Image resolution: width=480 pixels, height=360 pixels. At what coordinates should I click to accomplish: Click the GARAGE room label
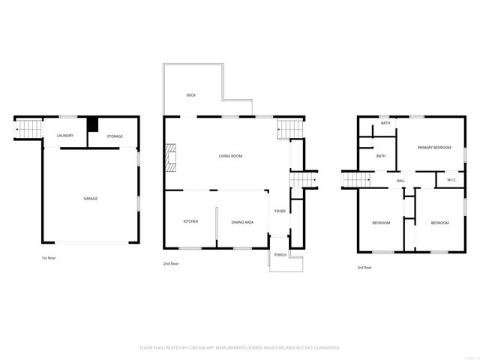click(90, 199)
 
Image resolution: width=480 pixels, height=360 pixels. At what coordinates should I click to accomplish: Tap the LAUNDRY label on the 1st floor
click(64, 136)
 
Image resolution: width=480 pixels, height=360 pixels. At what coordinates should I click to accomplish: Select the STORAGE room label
click(115, 136)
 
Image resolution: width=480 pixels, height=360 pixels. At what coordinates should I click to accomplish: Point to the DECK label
click(191, 95)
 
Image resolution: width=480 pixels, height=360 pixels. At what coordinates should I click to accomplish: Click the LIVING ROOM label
click(230, 156)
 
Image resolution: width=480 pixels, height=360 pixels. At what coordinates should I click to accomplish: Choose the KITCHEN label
click(190, 222)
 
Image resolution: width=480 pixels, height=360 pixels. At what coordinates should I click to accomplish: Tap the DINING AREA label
click(242, 222)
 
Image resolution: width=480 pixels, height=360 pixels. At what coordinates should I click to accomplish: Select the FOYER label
click(280, 211)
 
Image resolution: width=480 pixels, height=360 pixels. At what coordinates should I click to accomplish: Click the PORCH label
click(280, 255)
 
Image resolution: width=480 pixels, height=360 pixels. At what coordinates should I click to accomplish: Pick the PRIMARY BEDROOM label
click(435, 148)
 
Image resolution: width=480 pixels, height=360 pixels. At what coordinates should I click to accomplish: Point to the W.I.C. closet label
click(452, 180)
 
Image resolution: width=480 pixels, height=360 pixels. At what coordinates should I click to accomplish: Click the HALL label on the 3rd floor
click(400, 181)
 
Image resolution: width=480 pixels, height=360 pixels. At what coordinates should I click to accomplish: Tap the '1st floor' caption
click(49, 259)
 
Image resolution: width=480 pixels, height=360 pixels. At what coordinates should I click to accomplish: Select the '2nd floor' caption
click(171, 264)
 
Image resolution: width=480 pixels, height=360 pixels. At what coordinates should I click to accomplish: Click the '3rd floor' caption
click(364, 268)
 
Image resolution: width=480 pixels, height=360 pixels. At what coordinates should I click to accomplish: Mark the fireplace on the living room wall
click(169, 156)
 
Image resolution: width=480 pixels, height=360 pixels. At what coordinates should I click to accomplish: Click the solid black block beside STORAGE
click(93, 124)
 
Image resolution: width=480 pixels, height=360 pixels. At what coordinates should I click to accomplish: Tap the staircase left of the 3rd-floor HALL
click(357, 181)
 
